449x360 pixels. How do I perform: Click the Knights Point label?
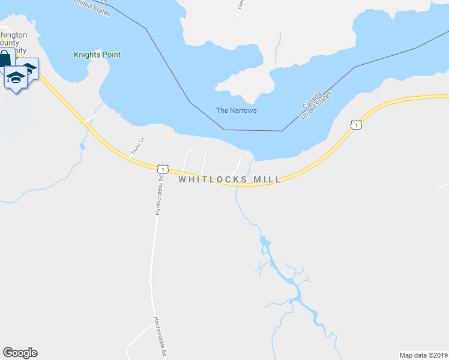point(97,55)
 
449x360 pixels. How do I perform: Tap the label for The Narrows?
point(236,110)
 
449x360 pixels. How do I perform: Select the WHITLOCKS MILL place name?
point(229,179)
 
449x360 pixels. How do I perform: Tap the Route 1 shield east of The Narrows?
point(357,125)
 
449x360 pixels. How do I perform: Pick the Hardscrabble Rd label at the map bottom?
point(159,337)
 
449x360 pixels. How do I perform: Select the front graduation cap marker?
point(16,77)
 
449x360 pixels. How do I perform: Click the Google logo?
point(20,353)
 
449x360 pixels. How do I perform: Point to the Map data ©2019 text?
point(423,355)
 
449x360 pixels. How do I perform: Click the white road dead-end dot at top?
point(238,16)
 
